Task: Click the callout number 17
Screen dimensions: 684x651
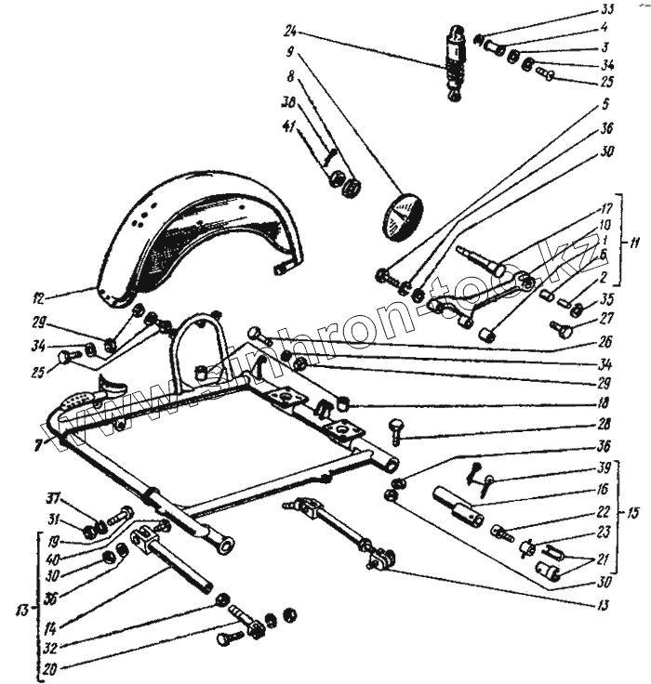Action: (x=604, y=210)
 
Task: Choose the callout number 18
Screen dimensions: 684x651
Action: (x=604, y=403)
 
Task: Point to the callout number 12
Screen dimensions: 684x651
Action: (x=38, y=299)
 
